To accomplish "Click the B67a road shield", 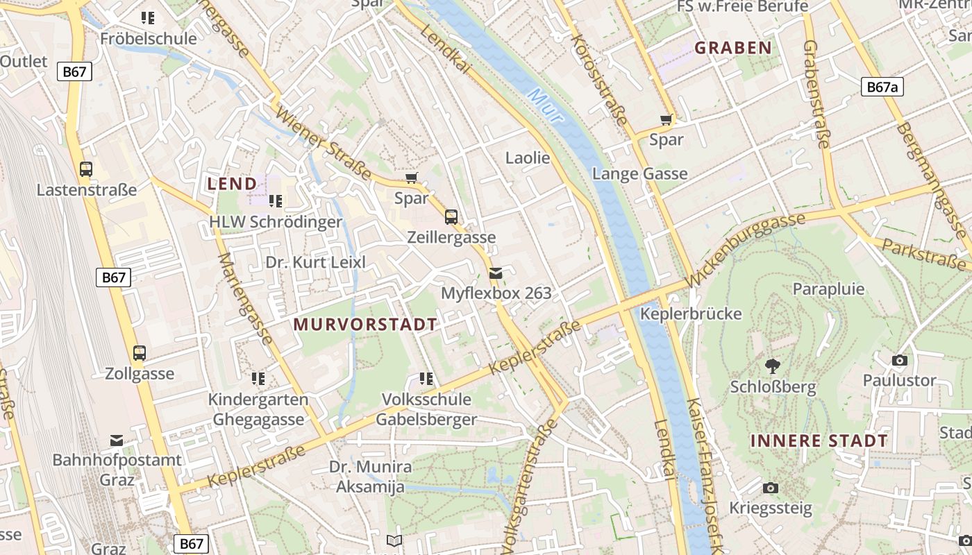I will pos(882,87).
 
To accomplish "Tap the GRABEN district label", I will pos(733,48).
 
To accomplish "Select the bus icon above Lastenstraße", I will pos(86,169).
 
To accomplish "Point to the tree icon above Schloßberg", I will pos(772,366).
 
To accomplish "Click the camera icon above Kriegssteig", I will pos(770,488).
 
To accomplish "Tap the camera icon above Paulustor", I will pos(899,360).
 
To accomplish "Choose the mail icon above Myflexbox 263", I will pos(496,273).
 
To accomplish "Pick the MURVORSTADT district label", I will pos(365,324).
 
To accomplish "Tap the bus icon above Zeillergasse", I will pos(451,217).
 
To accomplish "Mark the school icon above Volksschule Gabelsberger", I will pos(426,379).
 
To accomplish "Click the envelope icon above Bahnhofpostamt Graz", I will pos(117,440).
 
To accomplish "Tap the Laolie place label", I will pos(528,157).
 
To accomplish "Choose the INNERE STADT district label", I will pos(819,441).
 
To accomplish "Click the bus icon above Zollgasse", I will pos(140,353).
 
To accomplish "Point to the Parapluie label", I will pos(828,289).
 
